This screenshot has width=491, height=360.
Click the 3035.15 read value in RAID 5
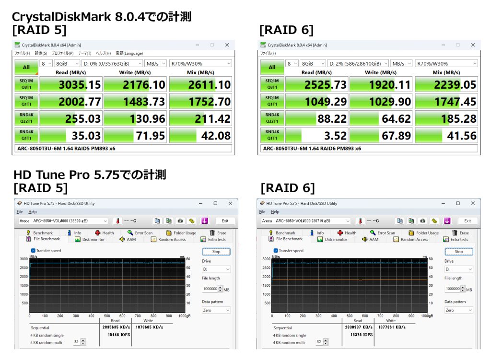coord(80,85)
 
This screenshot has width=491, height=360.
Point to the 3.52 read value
coord(335,136)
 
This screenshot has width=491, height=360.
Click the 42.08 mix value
coord(216,136)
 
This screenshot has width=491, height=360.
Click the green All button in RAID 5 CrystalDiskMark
coord(26,68)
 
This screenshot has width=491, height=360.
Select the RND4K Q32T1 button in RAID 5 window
coord(26,118)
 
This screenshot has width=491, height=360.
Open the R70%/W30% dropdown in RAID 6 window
coord(446,63)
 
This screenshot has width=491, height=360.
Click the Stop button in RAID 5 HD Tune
coord(216,251)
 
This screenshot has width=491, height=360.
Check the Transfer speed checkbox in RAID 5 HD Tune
coord(33,250)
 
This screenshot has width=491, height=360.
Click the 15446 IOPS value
coord(116,334)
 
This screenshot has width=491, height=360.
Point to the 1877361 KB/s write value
coord(389,327)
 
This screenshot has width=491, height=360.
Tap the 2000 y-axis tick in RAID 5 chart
coord(23,276)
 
